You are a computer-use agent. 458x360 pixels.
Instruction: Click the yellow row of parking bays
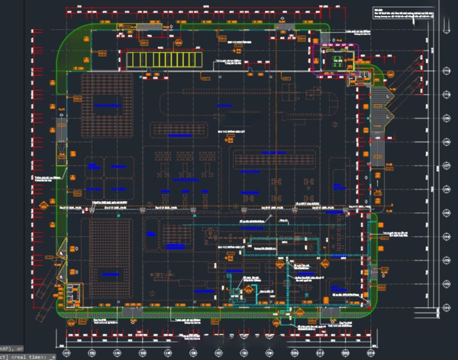(164, 60)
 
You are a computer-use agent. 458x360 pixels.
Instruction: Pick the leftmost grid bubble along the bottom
(67, 353)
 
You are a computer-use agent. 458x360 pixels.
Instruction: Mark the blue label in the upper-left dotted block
(108, 106)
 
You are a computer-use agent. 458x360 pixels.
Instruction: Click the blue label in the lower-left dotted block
(111, 273)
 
